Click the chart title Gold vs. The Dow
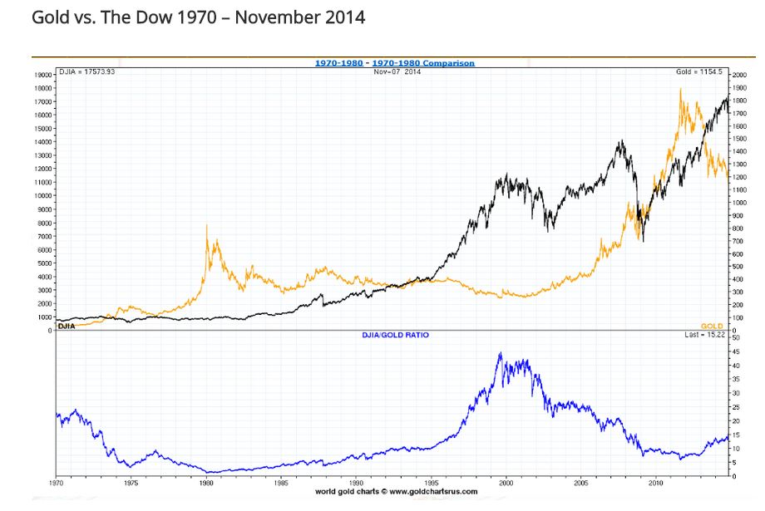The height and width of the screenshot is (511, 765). click(x=198, y=17)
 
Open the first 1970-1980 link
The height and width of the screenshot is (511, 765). click(x=339, y=63)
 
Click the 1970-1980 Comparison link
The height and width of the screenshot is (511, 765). click(x=423, y=63)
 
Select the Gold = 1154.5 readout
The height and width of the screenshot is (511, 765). click(x=700, y=72)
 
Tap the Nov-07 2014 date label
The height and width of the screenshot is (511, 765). click(x=397, y=72)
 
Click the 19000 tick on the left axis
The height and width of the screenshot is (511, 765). click(x=42, y=75)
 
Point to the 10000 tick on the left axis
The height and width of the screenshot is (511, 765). click(x=42, y=195)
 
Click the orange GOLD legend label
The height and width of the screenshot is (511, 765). click(x=712, y=326)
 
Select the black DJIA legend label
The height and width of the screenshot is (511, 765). click(x=67, y=326)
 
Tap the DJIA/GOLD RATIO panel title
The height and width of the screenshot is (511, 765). click(x=395, y=335)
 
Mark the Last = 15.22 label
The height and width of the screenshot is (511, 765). click(x=705, y=335)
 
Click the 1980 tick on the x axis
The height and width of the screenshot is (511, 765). click(x=206, y=482)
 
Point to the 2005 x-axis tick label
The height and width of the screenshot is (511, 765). click(x=581, y=482)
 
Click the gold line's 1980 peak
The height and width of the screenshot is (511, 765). click(x=207, y=226)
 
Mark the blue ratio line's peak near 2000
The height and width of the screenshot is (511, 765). click(x=500, y=353)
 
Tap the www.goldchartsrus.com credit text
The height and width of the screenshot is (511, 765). click(x=396, y=491)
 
